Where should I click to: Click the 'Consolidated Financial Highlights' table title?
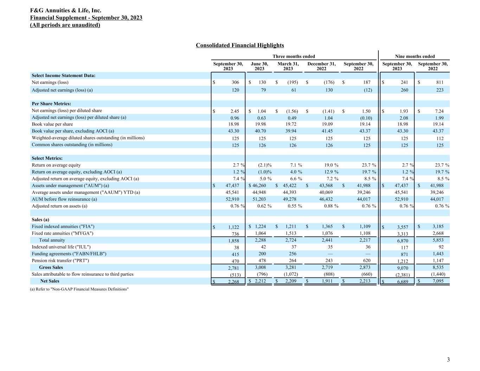pos(240,45)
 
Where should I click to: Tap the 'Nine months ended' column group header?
pos(415,56)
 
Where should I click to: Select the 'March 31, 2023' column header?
pos(288,66)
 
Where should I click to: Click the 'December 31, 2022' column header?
pos(321,66)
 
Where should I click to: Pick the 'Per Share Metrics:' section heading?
pos(51,104)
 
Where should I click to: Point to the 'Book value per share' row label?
pos(52,124)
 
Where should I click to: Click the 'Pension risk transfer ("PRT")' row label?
pos(60,261)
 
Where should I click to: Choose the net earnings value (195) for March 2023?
pos(292,82)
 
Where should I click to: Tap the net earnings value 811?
pos(439,82)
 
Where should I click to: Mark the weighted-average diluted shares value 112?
pos(440,138)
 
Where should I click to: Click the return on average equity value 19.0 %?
pos(331,165)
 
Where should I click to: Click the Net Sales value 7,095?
pos(437,281)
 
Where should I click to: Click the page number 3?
pos(448,359)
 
